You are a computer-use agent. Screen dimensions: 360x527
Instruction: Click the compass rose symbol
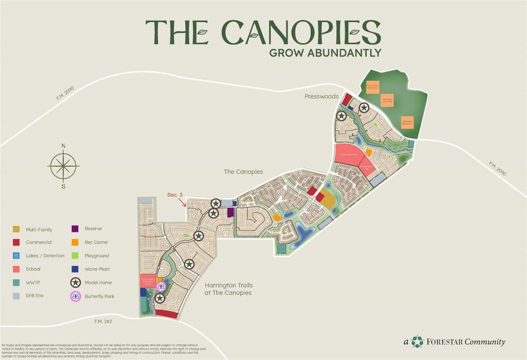(63, 166)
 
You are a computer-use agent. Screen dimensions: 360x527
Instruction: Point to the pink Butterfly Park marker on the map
(161, 287)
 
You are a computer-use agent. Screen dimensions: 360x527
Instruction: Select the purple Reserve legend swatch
(76, 229)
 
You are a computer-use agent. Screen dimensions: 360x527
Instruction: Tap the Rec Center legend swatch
(76, 242)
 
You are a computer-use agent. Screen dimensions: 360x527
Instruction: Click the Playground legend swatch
(76, 256)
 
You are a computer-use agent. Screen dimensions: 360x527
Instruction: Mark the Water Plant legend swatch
(76, 269)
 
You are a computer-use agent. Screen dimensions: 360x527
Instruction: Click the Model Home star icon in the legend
(76, 283)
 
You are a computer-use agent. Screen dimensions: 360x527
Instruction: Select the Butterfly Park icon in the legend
(76, 296)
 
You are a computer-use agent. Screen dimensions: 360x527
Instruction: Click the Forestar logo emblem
(418, 342)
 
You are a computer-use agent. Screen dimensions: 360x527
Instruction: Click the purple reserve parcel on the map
(230, 213)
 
